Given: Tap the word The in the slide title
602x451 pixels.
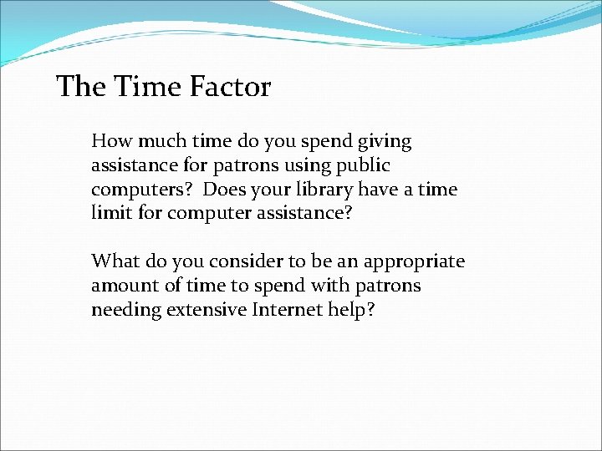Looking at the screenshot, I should [81, 87].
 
